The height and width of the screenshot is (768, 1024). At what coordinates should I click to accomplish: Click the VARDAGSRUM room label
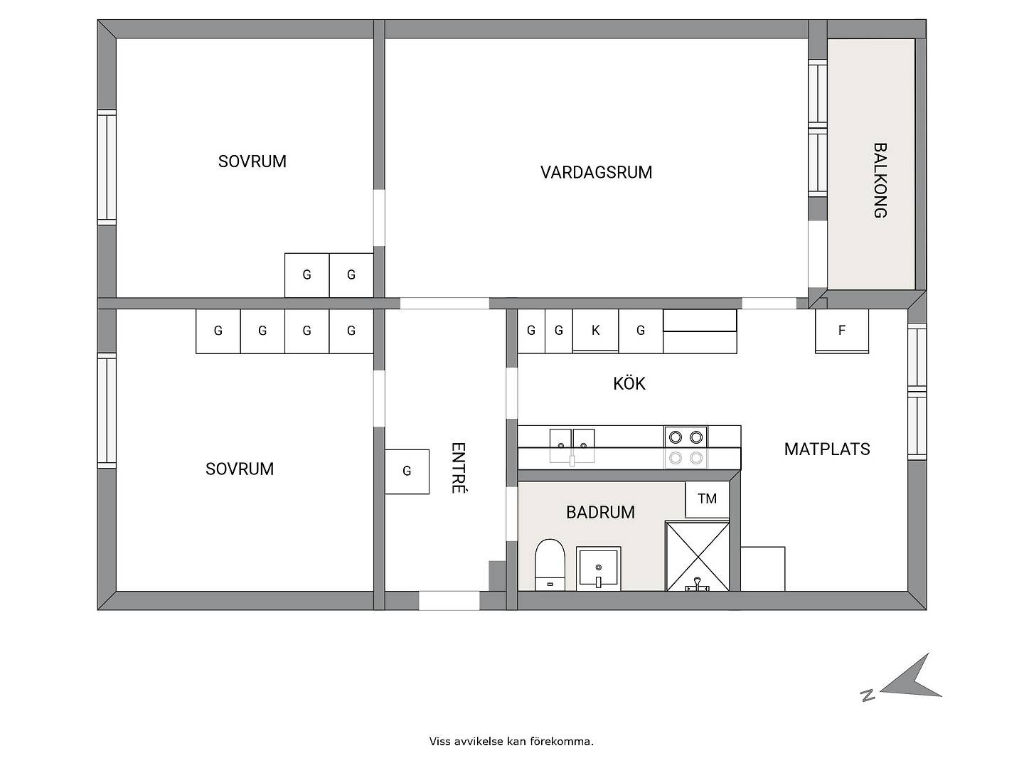tap(596, 173)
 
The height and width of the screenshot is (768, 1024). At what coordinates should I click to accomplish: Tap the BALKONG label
tap(880, 181)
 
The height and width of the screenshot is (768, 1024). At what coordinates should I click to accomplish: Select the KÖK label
tap(629, 383)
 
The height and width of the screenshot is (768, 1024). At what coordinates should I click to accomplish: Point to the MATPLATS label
tap(826, 449)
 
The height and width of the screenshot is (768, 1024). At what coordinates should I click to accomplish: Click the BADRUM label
tap(600, 513)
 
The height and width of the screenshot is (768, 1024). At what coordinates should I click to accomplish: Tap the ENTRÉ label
tap(459, 468)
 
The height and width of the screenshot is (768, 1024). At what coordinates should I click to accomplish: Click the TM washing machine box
tap(707, 499)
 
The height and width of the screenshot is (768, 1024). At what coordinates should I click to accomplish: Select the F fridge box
tap(841, 331)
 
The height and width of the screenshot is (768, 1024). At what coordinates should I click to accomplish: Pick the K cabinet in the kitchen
tap(595, 330)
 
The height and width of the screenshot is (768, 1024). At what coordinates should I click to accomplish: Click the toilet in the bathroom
tap(550, 565)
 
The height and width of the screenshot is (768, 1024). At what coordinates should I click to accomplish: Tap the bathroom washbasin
tap(599, 569)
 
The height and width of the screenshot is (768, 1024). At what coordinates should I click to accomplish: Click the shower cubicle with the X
tap(698, 556)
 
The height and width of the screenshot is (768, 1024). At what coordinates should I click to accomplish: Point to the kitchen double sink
tap(572, 446)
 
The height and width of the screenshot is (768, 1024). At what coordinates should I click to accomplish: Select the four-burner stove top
tap(686, 448)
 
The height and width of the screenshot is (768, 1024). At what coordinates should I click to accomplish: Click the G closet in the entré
tap(407, 471)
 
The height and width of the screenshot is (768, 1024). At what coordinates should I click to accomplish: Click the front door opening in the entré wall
tap(449, 601)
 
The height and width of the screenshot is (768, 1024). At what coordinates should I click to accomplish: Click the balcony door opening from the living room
tap(817, 254)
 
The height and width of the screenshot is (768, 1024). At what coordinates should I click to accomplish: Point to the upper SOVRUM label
tap(252, 161)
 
